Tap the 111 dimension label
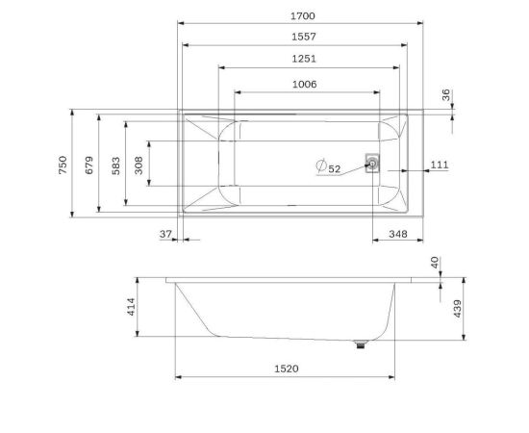click(439, 166)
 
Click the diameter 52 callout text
click(334, 168)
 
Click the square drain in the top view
click(371, 163)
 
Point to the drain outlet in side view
click(362, 344)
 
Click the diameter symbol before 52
click(321, 167)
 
